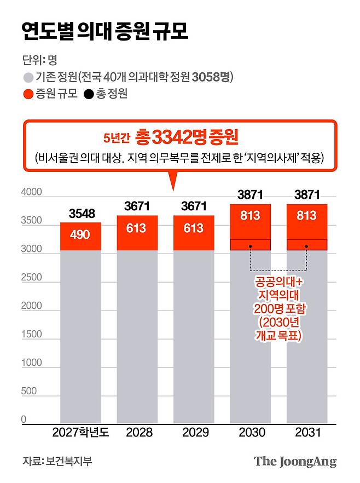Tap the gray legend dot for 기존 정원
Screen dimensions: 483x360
(x=27, y=77)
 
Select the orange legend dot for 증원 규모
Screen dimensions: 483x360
(x=27, y=94)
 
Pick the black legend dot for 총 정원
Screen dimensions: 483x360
(x=88, y=94)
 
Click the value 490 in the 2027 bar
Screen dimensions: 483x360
(x=80, y=235)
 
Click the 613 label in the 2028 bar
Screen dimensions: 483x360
(x=137, y=228)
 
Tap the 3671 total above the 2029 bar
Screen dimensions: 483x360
(x=194, y=206)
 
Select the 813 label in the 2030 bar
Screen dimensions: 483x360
(x=250, y=216)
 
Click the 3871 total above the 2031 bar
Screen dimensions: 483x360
(x=306, y=194)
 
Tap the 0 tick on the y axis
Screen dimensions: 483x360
(x=24, y=420)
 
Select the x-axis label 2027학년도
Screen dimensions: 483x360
(x=80, y=433)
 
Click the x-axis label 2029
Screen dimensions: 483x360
(x=194, y=433)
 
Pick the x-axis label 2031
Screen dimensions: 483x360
(x=306, y=433)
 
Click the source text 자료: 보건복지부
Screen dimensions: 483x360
(x=57, y=461)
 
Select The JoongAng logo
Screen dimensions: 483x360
(x=295, y=461)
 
